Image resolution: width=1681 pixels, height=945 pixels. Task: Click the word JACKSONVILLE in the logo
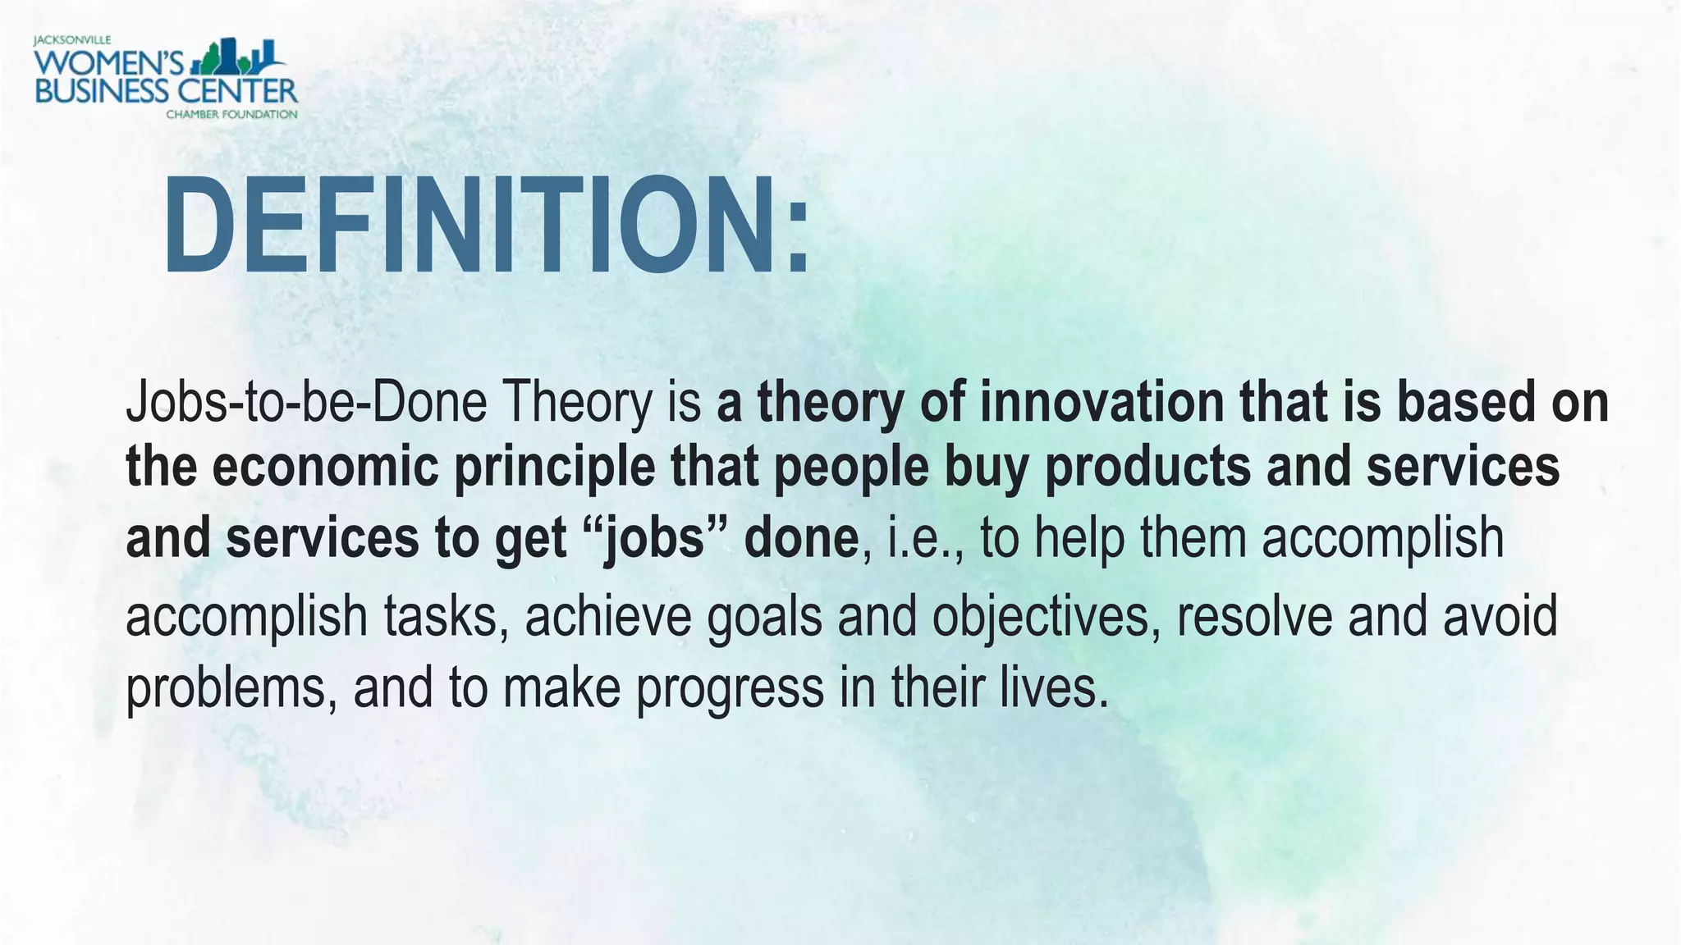coord(72,40)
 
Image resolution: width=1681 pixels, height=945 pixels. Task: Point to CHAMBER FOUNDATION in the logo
coord(231,114)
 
